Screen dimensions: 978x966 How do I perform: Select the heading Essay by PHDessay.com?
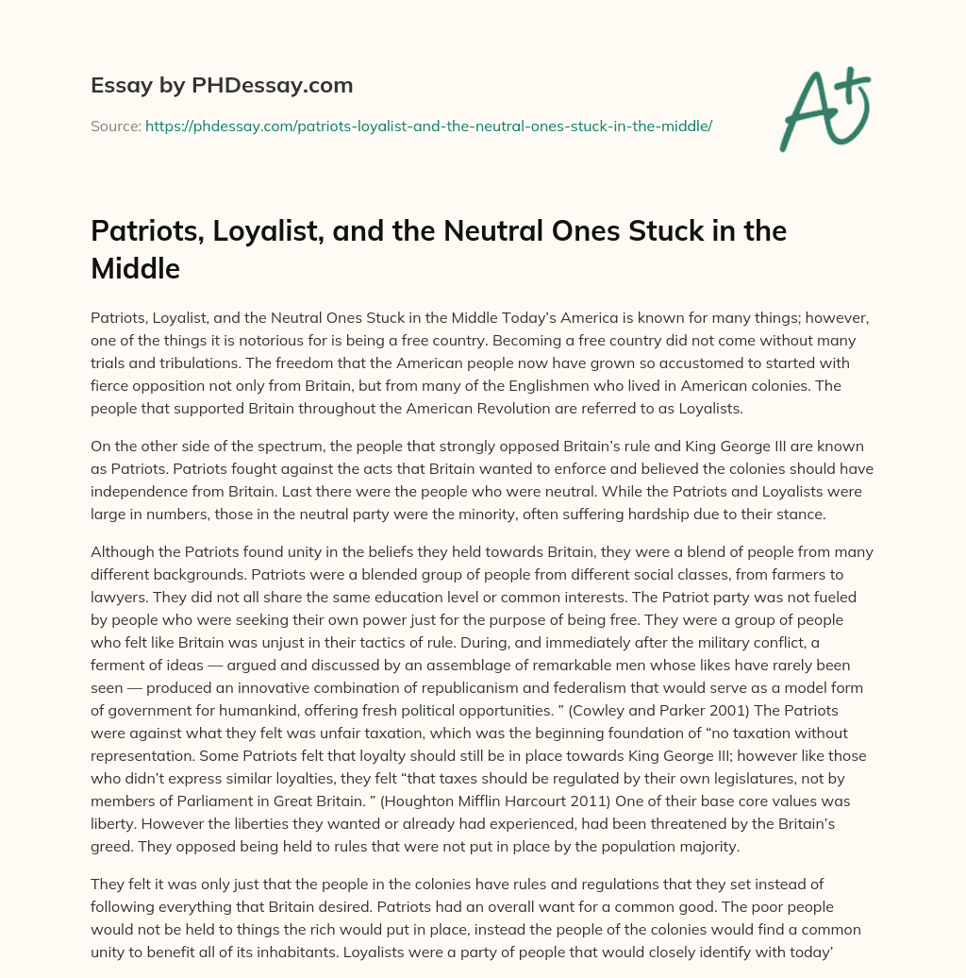point(222,86)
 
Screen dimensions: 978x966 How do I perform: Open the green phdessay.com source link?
point(428,126)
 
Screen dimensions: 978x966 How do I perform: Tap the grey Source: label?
point(115,126)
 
